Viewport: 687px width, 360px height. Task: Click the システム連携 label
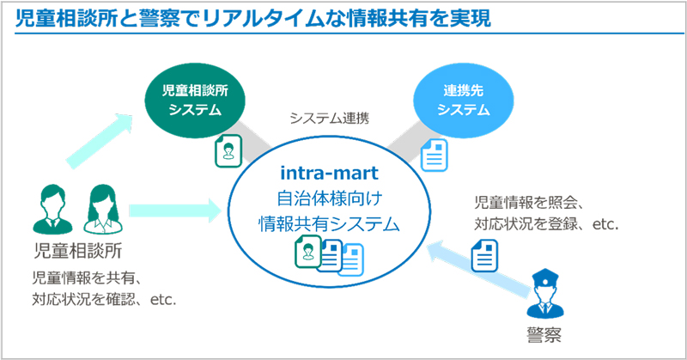(x=330, y=118)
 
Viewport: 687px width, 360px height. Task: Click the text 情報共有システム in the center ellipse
(x=330, y=223)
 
